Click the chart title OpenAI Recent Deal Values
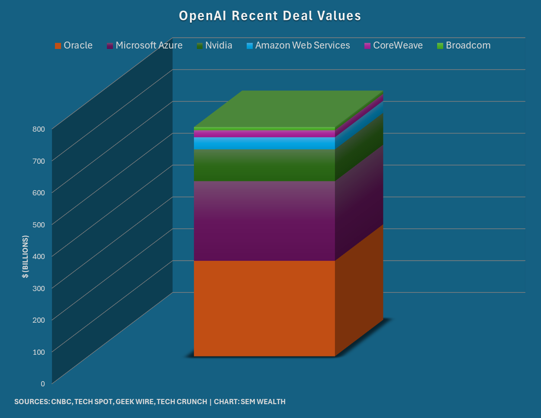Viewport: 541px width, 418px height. click(270, 16)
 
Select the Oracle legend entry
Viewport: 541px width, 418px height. click(74, 45)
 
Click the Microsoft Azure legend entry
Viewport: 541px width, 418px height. click(145, 45)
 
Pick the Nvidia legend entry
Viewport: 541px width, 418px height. click(215, 45)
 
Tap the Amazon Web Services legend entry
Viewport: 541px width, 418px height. click(298, 45)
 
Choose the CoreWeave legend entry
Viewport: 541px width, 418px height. click(393, 45)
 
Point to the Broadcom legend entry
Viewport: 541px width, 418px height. click(464, 45)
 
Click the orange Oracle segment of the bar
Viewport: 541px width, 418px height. click(264, 308)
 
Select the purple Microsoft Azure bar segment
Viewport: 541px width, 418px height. click(264, 221)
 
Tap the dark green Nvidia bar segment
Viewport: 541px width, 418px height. click(264, 165)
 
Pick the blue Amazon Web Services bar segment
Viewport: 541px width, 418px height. click(264, 143)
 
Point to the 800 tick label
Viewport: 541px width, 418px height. click(39, 129)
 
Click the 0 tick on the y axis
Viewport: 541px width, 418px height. click(43, 384)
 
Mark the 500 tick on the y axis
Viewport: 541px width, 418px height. click(39, 224)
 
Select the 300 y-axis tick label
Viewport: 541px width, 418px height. click(39, 288)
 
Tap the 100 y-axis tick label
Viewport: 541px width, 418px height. click(39, 352)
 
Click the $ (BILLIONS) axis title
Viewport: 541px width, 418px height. click(26, 256)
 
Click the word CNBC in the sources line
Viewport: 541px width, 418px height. click(61, 402)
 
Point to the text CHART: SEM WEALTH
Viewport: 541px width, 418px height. click(250, 402)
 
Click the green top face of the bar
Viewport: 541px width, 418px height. click(288, 108)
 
